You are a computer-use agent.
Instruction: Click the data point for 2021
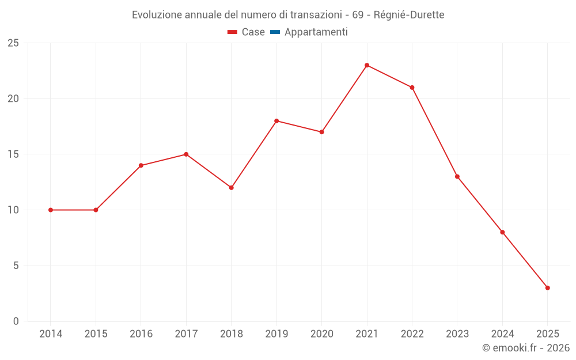pyautogui.click(x=367, y=65)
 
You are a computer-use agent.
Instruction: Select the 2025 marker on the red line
pyautogui.click(x=548, y=288)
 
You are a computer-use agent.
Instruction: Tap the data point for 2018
pyautogui.click(x=232, y=188)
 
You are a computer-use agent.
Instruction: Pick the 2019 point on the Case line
pyautogui.click(x=276, y=121)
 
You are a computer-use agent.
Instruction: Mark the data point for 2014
pyautogui.click(x=51, y=210)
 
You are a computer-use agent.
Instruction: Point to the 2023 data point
pyautogui.click(x=457, y=177)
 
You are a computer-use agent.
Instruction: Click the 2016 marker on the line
pyautogui.click(x=141, y=166)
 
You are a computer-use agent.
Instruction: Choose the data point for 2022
pyautogui.click(x=412, y=88)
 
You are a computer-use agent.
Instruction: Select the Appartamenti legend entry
pyautogui.click(x=316, y=32)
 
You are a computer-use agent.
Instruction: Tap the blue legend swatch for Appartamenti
pyautogui.click(x=275, y=32)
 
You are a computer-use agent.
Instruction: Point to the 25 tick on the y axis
pyautogui.click(x=13, y=43)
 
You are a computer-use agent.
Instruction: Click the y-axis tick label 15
pyautogui.click(x=13, y=154)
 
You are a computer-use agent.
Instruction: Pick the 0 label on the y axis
pyautogui.click(x=16, y=321)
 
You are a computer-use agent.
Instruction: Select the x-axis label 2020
pyautogui.click(x=322, y=334)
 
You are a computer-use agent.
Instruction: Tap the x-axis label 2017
pyautogui.click(x=186, y=334)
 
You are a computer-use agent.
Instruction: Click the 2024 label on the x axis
pyautogui.click(x=502, y=334)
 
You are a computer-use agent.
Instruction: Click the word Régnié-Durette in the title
pyautogui.click(x=409, y=15)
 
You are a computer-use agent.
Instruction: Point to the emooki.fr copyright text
pyautogui.click(x=526, y=348)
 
